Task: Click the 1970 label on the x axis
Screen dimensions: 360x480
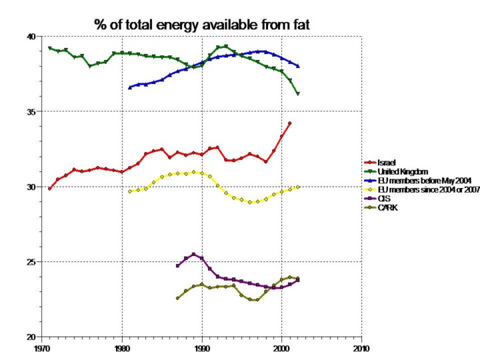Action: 42,348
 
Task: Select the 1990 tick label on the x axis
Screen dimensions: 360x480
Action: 202,348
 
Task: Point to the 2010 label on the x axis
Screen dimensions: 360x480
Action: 361,348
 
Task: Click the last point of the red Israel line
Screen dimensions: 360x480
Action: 289,123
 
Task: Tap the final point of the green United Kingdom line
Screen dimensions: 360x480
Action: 298,94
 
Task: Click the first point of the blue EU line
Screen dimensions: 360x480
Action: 130,87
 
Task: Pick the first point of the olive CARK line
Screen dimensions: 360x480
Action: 177,298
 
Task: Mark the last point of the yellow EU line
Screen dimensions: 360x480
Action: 298,187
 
